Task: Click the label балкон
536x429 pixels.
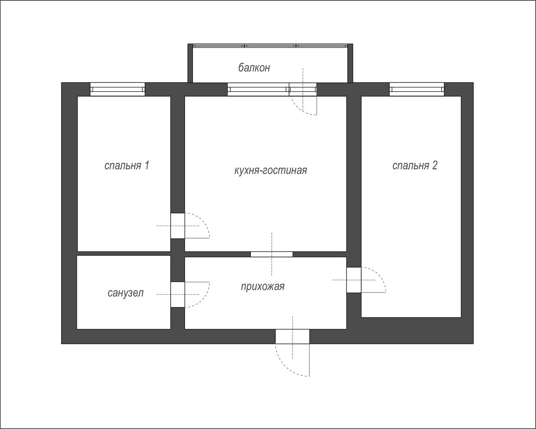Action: pos(254,67)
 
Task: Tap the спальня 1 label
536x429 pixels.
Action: pos(127,165)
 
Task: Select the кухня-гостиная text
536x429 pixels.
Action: pos(271,170)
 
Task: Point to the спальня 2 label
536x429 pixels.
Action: pos(415,165)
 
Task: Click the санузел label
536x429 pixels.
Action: pos(126,293)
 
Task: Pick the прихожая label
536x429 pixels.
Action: pos(262,287)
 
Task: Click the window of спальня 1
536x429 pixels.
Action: pos(117,89)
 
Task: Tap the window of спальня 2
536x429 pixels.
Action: pos(417,89)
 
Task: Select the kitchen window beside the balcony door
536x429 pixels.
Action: pos(258,89)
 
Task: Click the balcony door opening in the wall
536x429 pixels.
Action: pos(303,89)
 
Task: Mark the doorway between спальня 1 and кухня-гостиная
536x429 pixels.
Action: pos(178,226)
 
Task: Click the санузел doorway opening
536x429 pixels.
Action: pos(178,295)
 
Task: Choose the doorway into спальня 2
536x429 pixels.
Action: pos(354,280)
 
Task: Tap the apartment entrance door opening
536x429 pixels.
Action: pos(292,336)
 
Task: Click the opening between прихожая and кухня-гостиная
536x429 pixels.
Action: pos(272,254)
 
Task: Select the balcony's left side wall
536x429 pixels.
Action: pos(190,63)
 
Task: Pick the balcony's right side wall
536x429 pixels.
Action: pos(350,63)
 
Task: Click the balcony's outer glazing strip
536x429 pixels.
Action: pos(270,45)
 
